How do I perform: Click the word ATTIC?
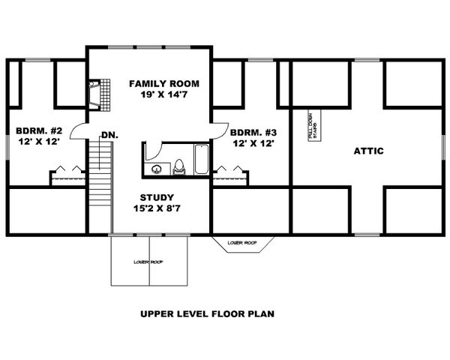(x=368, y=151)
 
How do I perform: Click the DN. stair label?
(x=108, y=135)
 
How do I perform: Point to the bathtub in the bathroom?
(x=202, y=160)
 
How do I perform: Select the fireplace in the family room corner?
(x=95, y=95)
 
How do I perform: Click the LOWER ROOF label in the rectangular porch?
(x=148, y=262)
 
